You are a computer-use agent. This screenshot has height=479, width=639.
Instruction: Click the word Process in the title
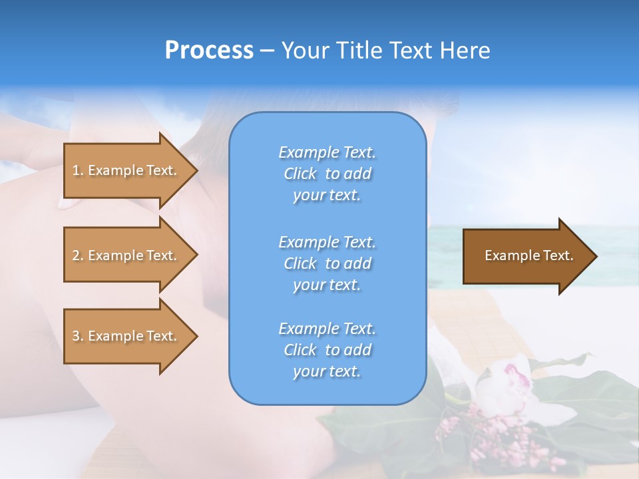209,51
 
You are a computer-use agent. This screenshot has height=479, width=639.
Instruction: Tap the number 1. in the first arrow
78,170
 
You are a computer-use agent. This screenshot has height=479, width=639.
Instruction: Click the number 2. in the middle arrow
78,255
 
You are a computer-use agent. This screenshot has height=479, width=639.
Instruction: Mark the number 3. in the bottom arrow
78,336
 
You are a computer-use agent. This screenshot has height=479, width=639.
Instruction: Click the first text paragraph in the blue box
327,174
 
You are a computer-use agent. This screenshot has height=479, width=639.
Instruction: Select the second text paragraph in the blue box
327,263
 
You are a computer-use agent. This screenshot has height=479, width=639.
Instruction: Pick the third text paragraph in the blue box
327,350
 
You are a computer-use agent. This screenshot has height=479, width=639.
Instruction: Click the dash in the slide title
267,51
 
